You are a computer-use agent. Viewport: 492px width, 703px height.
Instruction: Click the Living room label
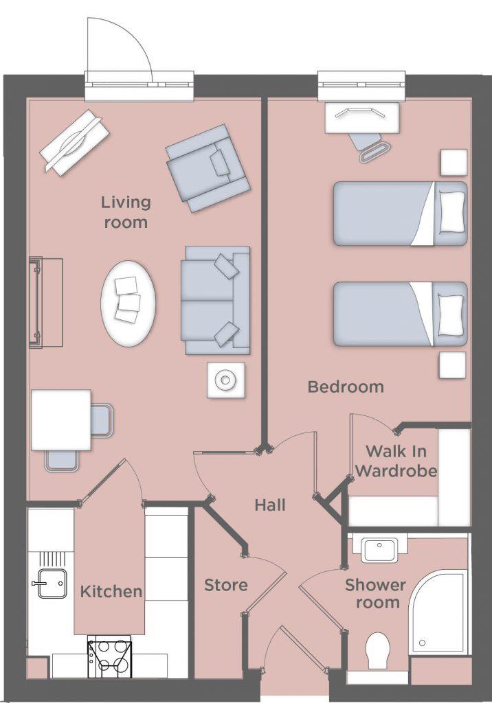point(126,212)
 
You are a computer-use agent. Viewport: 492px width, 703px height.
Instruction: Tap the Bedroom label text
point(346,387)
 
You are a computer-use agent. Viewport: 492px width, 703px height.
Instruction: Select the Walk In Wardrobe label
point(396,461)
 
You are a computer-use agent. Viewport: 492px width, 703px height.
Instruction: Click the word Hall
point(270,506)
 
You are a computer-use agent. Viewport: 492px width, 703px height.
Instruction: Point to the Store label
point(226,586)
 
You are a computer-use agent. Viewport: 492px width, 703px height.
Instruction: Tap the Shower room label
point(375,594)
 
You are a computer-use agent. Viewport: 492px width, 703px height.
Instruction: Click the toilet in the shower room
point(377,649)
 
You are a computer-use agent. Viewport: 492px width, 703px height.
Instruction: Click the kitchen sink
point(52,583)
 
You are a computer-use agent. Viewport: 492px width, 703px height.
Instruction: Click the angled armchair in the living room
point(207,167)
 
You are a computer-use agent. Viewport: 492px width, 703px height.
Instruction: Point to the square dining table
point(61,419)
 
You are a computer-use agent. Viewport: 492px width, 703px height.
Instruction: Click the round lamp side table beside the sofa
point(226,379)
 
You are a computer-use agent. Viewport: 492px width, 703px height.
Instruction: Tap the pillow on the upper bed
point(451,211)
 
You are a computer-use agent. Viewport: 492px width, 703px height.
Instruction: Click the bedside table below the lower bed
point(452,365)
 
